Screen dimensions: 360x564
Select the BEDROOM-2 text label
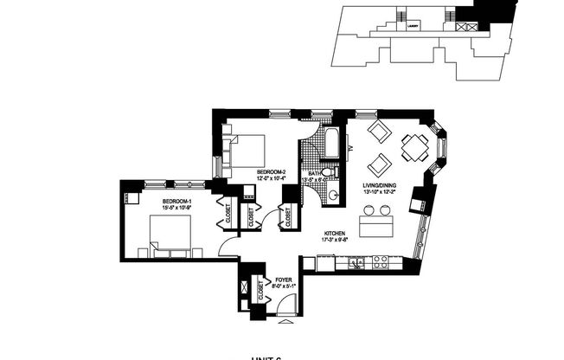pyautogui.click(x=270, y=173)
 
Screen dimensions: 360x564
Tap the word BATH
pyautogui.click(x=316, y=175)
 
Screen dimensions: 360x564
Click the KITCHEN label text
pyautogui.click(x=336, y=234)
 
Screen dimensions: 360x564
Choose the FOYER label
pyautogui.click(x=282, y=280)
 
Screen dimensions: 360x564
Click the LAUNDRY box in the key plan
pyautogui.click(x=412, y=25)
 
